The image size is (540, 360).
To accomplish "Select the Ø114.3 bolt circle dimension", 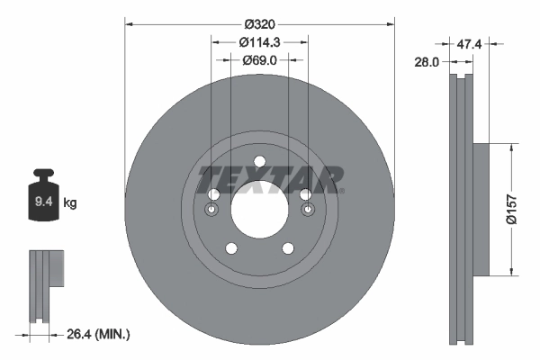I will pos(259,40).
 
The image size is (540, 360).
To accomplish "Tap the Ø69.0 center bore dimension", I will pos(259,60).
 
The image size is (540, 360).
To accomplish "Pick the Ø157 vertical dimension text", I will pos(511,209).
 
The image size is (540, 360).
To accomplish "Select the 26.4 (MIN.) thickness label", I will pos(98,335).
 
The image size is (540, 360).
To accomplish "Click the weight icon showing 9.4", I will pos(42,199).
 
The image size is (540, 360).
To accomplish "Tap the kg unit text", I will pos(70,203).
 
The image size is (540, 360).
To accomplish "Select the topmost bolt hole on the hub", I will pos(259,162).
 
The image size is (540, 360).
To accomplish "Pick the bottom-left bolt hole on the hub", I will pos(230,248).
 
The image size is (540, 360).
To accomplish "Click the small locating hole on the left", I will pos(211,211).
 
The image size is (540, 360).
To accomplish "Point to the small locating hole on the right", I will pos(307,211).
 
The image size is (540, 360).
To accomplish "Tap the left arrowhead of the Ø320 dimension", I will pos(128,22).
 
